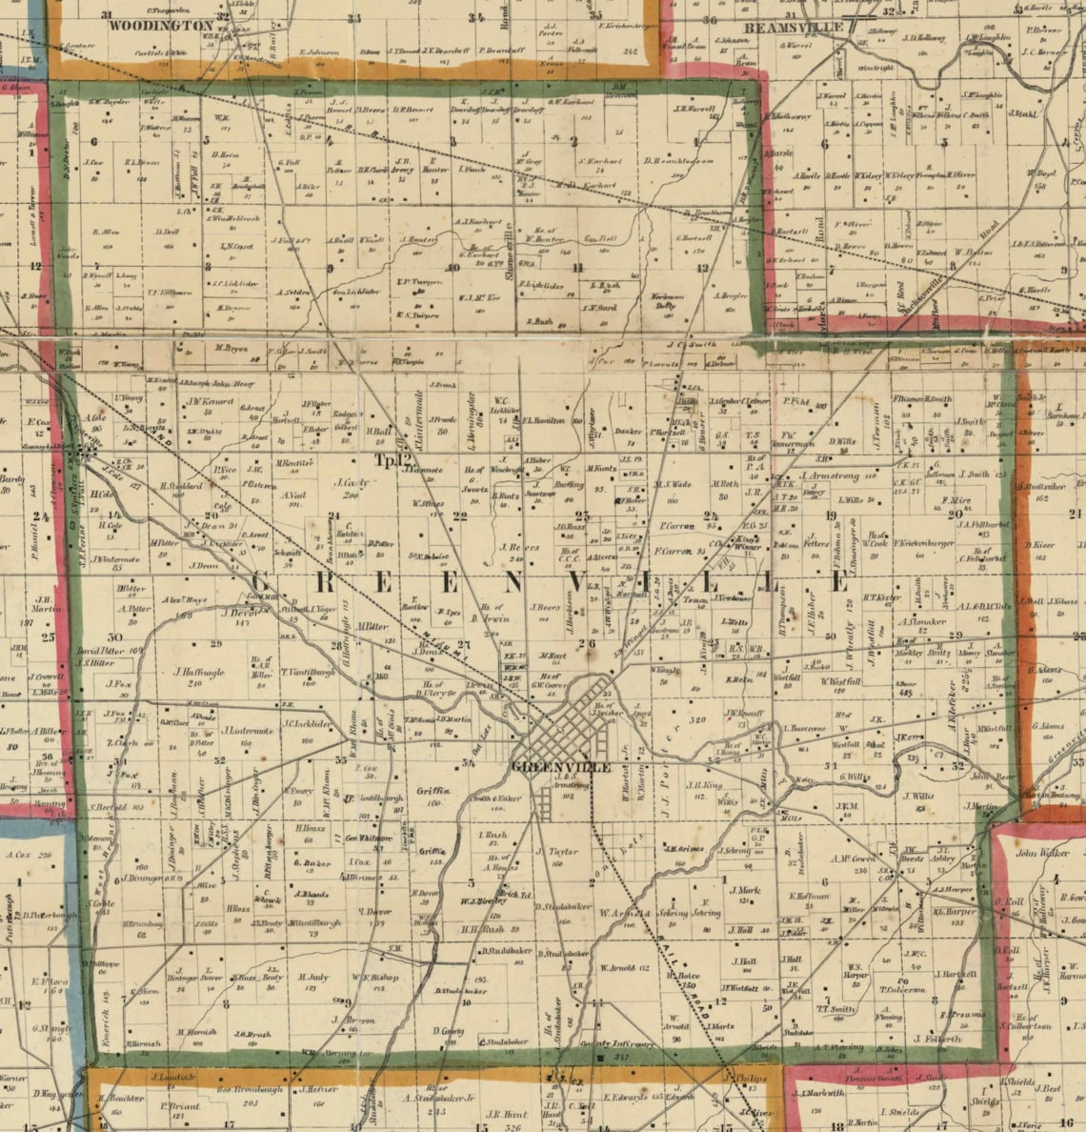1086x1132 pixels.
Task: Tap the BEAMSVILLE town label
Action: [x=794, y=28]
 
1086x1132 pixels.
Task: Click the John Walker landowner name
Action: [x=1042, y=853]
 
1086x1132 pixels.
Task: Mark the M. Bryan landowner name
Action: [x=231, y=350]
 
